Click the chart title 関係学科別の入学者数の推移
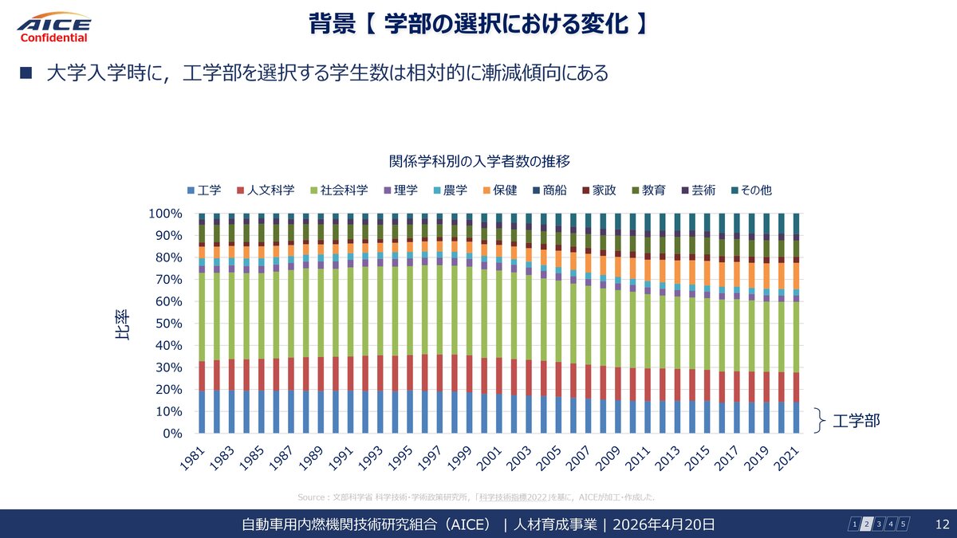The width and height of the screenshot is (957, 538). tap(478, 162)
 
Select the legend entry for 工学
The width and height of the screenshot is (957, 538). tap(204, 190)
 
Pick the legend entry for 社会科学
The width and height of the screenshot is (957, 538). tap(338, 190)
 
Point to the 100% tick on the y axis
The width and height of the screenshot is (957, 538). tap(165, 214)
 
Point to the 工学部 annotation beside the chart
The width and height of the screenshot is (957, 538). tap(857, 419)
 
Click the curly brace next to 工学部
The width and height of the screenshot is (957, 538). tap(820, 419)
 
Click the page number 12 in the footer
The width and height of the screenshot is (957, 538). tap(941, 524)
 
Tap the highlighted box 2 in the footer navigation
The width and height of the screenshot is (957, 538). tap(867, 524)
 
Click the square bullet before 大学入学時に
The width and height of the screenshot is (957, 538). tap(25, 73)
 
